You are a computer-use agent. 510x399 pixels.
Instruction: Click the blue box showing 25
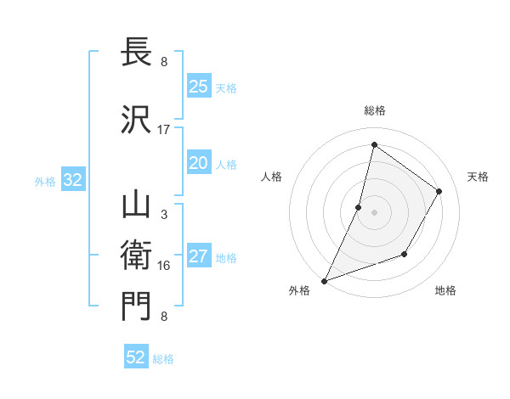(199, 86)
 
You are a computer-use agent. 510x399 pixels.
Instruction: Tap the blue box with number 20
(199, 164)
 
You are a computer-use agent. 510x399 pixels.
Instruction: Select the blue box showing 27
(199, 257)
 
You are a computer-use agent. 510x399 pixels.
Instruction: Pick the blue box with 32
(72, 180)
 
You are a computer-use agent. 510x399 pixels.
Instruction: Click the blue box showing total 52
(136, 357)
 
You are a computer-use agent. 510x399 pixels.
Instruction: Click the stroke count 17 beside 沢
(164, 130)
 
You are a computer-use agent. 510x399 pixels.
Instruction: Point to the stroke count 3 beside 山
(164, 215)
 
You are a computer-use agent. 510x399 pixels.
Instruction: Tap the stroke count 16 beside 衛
(164, 266)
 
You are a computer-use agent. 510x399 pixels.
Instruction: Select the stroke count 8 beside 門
(164, 317)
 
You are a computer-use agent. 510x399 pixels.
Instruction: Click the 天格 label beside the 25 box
(226, 87)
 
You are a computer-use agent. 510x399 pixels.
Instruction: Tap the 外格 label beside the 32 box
(45, 181)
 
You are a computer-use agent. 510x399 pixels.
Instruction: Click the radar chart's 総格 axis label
(374, 110)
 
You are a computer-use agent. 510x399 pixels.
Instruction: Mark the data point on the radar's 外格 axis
(324, 280)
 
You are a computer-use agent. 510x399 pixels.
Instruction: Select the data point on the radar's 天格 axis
(439, 191)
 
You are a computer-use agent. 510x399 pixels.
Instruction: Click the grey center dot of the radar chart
(374, 212)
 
